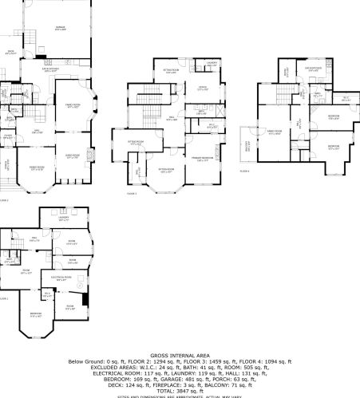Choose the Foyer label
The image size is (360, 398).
click(8, 136)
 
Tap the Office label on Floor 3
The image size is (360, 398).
click(203, 89)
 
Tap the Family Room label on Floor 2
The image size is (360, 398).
click(73, 105)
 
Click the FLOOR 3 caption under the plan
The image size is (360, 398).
click(132, 194)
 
